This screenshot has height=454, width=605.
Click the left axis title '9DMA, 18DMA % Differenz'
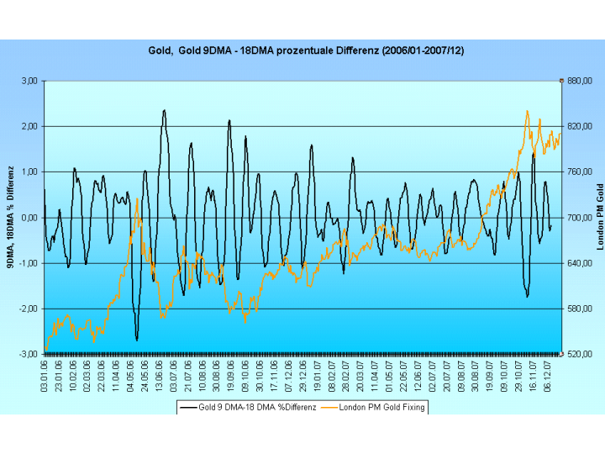click(11, 218)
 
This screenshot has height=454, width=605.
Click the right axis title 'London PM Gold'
click(599, 217)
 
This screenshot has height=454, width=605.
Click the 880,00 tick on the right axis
click(580, 81)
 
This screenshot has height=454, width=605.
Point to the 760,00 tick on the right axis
click(580, 172)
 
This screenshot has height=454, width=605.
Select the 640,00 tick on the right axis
click(580, 263)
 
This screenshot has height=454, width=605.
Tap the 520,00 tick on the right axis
click(580, 354)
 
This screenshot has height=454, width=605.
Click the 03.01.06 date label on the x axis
click(45, 374)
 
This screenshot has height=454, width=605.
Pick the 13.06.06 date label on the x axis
click(160, 374)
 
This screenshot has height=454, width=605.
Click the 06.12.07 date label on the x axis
click(548, 374)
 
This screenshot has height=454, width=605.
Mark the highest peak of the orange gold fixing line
click(527, 110)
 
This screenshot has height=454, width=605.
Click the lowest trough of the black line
click(137, 340)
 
